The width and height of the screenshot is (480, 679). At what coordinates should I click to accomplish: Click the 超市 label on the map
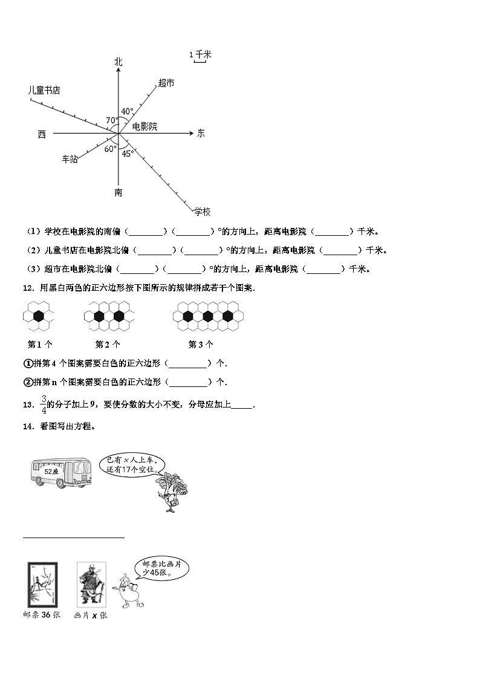[x=166, y=83]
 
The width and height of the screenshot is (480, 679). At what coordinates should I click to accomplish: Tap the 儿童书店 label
[x=44, y=90]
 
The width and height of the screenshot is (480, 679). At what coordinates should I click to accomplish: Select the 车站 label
[x=70, y=160]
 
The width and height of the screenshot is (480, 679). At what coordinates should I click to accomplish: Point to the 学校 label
[x=202, y=211]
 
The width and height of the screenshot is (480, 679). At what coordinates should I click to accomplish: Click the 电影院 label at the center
[x=144, y=126]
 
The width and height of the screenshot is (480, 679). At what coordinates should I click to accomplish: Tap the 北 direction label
[x=118, y=62]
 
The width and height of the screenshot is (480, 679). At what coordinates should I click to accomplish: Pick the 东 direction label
[x=201, y=133]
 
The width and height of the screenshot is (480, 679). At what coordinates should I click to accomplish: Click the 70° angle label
[x=112, y=120]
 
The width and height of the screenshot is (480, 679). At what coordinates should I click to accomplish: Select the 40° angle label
[x=127, y=111]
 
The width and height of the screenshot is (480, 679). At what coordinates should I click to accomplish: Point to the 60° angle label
[x=111, y=149]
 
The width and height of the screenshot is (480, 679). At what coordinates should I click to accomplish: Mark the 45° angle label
[x=128, y=154]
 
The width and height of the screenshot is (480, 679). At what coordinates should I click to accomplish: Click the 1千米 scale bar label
[x=200, y=55]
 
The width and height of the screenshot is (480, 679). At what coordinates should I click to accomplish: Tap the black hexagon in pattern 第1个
[x=39, y=315]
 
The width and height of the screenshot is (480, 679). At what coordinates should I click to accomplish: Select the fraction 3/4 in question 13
[x=43, y=404]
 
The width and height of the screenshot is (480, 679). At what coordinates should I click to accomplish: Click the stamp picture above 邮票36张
[x=43, y=583]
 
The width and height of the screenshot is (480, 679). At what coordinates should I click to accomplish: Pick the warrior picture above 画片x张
[x=91, y=583]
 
